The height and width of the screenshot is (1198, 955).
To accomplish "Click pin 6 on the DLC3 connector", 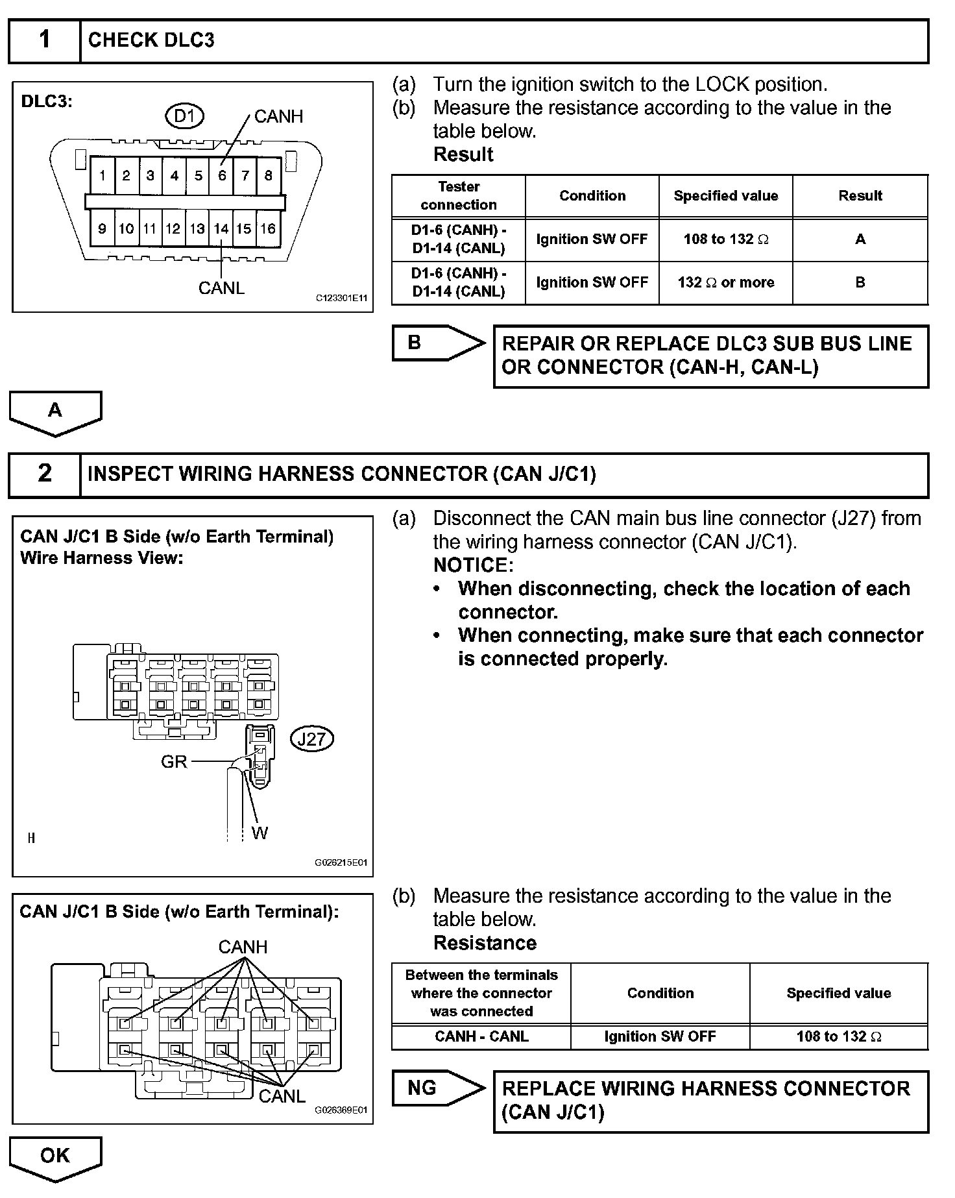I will pyautogui.click(x=222, y=175).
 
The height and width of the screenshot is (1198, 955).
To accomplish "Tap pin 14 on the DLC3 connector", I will pyautogui.click(x=221, y=228).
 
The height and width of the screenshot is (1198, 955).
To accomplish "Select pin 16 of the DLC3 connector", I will pyautogui.click(x=268, y=228).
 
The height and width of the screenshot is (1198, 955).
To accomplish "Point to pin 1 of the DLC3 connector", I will pyautogui.click(x=103, y=175).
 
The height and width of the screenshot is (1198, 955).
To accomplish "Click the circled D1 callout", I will pyautogui.click(x=185, y=116).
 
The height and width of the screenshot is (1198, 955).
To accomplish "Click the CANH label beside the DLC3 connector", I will pyautogui.click(x=278, y=117).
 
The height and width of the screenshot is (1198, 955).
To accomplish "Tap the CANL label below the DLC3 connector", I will pyautogui.click(x=221, y=288).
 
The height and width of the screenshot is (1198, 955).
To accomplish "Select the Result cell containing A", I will pyautogui.click(x=860, y=239).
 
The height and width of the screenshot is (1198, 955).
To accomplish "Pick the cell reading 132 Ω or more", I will pyautogui.click(x=726, y=283).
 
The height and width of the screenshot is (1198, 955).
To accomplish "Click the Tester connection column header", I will pyautogui.click(x=459, y=196).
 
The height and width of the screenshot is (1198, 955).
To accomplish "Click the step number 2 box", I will pyautogui.click(x=44, y=474).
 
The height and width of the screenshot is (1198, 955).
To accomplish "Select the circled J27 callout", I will pyautogui.click(x=312, y=739).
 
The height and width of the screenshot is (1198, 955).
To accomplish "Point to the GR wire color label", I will pyautogui.click(x=174, y=762).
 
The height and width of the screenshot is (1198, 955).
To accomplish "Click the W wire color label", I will pyautogui.click(x=260, y=833).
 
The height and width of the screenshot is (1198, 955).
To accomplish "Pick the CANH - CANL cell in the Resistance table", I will pyautogui.click(x=481, y=1036).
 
